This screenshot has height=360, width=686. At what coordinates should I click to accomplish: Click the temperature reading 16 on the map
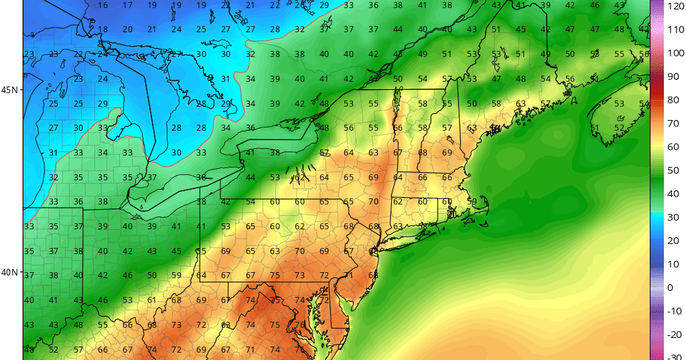tap(102, 5)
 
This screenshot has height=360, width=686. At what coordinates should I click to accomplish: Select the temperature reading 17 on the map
tap(127, 5)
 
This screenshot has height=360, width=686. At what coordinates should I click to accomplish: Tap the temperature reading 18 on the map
tap(102, 29)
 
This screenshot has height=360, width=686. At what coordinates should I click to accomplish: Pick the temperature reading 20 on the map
tap(127, 29)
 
